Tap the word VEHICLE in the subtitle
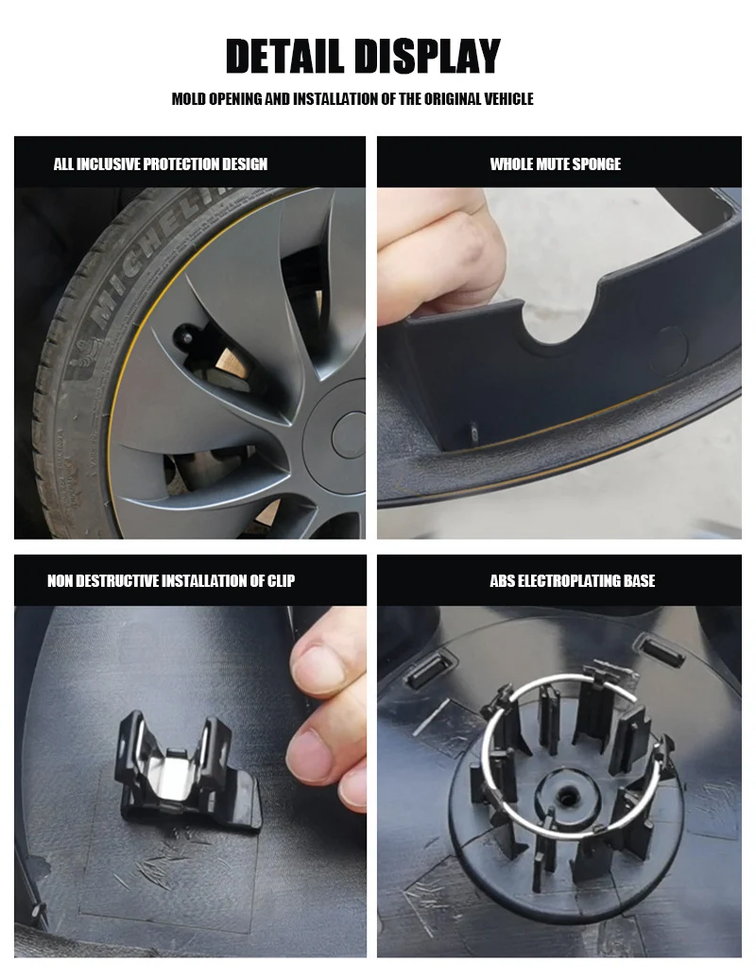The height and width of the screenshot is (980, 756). (507, 98)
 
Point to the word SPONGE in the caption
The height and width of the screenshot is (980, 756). (596, 163)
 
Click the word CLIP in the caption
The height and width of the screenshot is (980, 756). (282, 580)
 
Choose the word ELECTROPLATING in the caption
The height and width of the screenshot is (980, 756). (569, 580)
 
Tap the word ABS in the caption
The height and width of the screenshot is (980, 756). (503, 580)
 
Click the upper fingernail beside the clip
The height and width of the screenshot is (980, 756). (319, 666)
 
